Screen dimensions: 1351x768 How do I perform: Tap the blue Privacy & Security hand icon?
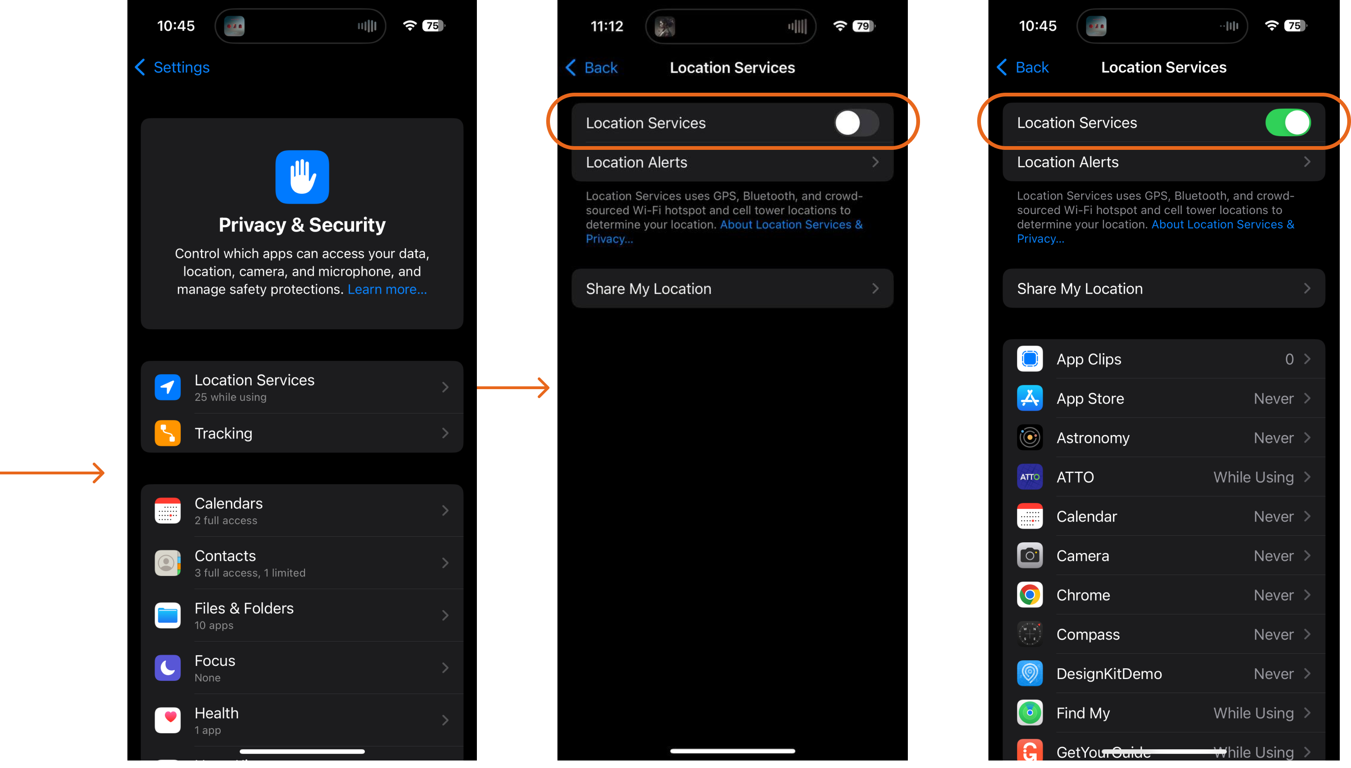[x=302, y=177]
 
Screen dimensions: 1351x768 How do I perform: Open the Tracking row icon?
[x=167, y=433]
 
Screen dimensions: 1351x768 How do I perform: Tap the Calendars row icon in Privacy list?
[x=167, y=510]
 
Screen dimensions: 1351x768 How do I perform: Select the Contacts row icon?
[x=167, y=563]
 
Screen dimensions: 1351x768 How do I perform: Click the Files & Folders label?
[x=244, y=608]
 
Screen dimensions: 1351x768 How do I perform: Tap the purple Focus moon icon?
[x=167, y=668]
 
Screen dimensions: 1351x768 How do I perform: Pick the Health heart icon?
[x=167, y=720]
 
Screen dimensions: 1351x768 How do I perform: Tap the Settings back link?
[x=172, y=67]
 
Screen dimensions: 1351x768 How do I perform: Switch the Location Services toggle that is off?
[x=856, y=123]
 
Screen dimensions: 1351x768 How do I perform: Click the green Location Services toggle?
[x=1287, y=122]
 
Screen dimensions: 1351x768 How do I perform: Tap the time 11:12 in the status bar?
[x=606, y=26]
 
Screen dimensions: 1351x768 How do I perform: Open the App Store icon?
[x=1029, y=398]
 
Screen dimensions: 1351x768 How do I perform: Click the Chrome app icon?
[x=1029, y=595]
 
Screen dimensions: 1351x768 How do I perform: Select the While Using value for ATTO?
[x=1253, y=477]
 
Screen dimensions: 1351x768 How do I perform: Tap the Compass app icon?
[x=1029, y=634]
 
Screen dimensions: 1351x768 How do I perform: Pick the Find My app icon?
[x=1029, y=713]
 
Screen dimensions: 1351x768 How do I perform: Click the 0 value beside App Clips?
[x=1288, y=359]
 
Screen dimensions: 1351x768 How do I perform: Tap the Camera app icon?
[x=1029, y=555]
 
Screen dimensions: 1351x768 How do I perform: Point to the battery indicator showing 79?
[x=863, y=26]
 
